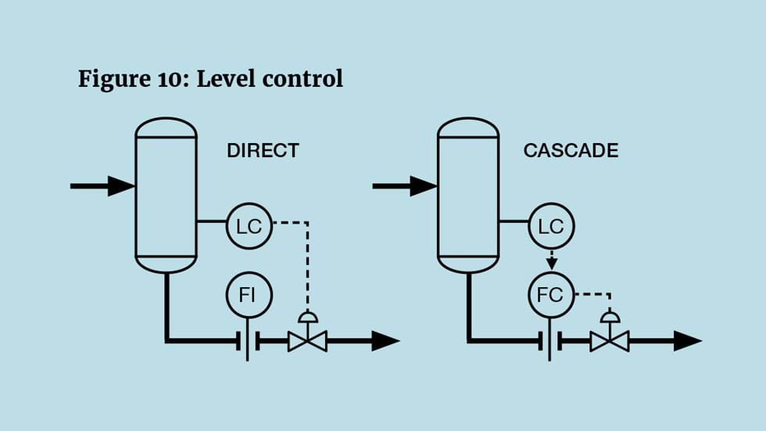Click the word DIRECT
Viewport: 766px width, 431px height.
pos(263,150)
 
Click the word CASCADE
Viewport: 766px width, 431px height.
pos(571,150)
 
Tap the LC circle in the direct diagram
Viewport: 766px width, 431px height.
pos(249,227)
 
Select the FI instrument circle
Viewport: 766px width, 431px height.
pos(249,295)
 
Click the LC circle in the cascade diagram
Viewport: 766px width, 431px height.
pos(551,227)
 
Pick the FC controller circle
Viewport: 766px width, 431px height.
pos(551,295)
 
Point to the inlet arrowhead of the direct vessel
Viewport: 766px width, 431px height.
pos(121,186)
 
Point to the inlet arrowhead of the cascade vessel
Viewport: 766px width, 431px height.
pos(423,186)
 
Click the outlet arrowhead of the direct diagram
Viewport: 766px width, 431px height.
pos(385,340)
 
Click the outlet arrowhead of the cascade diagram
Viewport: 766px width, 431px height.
pos(688,340)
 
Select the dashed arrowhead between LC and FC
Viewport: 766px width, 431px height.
pos(551,262)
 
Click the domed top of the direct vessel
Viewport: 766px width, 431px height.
pos(166,127)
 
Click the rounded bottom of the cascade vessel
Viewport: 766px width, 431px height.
pos(467,264)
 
